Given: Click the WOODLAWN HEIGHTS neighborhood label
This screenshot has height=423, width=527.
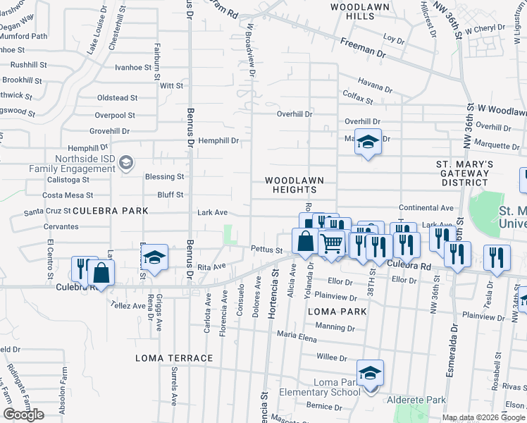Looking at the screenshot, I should coord(290,185).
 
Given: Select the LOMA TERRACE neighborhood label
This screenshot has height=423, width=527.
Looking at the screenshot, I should coord(174,358).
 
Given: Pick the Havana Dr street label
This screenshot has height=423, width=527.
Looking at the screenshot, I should coord(374,88).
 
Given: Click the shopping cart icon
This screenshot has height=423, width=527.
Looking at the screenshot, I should coord(331,244).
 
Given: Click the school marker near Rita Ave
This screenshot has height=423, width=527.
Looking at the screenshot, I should coord(155,258).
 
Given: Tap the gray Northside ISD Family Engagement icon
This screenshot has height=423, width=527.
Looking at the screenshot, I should coord(125,163).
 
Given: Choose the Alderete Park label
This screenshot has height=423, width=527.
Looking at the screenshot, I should coord(416,400).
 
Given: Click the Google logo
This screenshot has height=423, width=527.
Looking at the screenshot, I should coord(24,415).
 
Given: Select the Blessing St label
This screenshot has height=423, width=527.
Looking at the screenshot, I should coord(164,176).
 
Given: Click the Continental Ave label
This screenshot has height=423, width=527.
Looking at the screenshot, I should coord(426,208).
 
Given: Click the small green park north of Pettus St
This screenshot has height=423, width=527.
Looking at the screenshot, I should coord(228,235).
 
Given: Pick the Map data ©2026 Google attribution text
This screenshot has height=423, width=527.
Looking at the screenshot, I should coord(483,417).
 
